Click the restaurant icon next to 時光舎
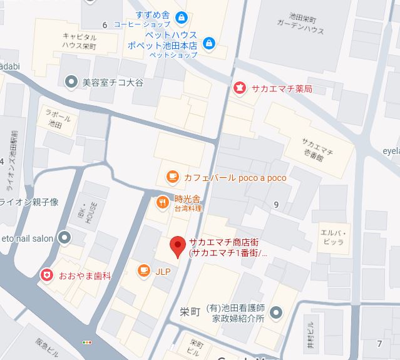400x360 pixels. [x=162, y=202]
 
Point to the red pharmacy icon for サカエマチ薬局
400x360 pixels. [x=238, y=88]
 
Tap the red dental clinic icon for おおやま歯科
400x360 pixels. [x=46, y=275]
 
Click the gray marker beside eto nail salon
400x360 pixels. [x=64, y=237]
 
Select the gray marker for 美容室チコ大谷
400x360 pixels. [x=71, y=81]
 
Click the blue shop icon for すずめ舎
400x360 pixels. [x=182, y=17]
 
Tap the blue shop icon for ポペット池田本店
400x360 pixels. [x=209, y=43]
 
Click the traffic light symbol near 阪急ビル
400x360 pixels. [x=86, y=342]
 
